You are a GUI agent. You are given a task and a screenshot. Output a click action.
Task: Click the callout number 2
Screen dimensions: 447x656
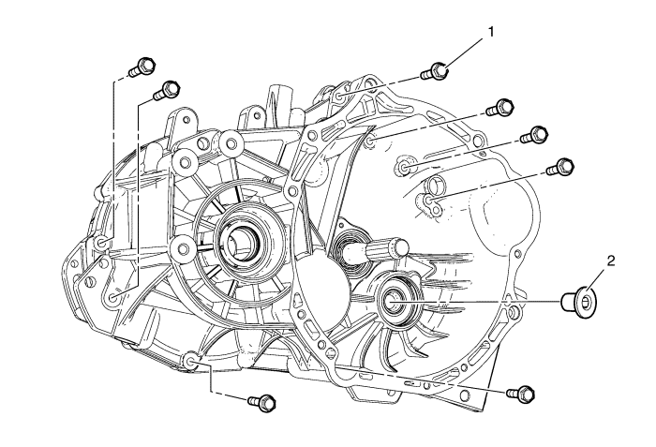(610, 261)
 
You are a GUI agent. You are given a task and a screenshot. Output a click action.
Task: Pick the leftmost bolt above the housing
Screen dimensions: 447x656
(138, 67)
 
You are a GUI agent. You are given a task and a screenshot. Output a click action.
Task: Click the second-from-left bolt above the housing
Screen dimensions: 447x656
(169, 90)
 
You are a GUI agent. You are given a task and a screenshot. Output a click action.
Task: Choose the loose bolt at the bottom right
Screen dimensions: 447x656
(523, 392)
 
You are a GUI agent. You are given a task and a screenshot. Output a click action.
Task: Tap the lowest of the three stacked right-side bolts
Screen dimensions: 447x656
(560, 168)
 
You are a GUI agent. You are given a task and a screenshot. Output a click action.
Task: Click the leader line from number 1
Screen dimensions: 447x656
(463, 52)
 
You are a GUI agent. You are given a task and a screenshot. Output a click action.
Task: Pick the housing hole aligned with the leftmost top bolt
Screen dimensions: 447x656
(102, 246)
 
